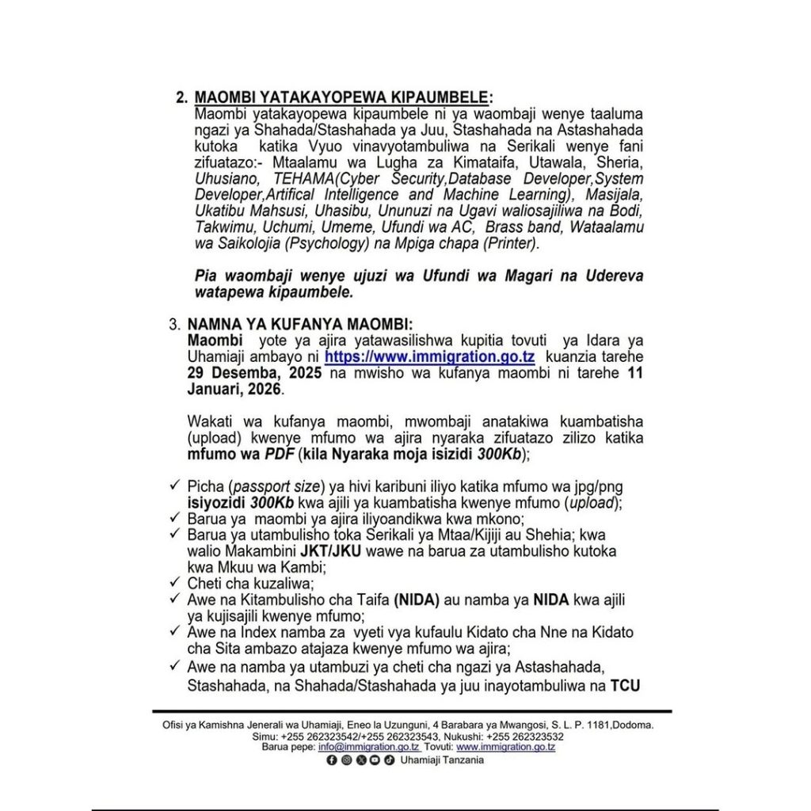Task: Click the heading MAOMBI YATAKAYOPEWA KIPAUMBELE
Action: point(342,97)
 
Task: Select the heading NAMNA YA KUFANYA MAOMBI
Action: point(300,325)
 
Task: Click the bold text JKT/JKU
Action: point(336,550)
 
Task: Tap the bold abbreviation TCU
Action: point(624,686)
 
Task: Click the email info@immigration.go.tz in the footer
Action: point(374,747)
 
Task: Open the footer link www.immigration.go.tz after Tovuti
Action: point(505,747)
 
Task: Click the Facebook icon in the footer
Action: point(331,760)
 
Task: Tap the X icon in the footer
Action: point(361,760)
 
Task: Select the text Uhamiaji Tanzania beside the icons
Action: point(442,760)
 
